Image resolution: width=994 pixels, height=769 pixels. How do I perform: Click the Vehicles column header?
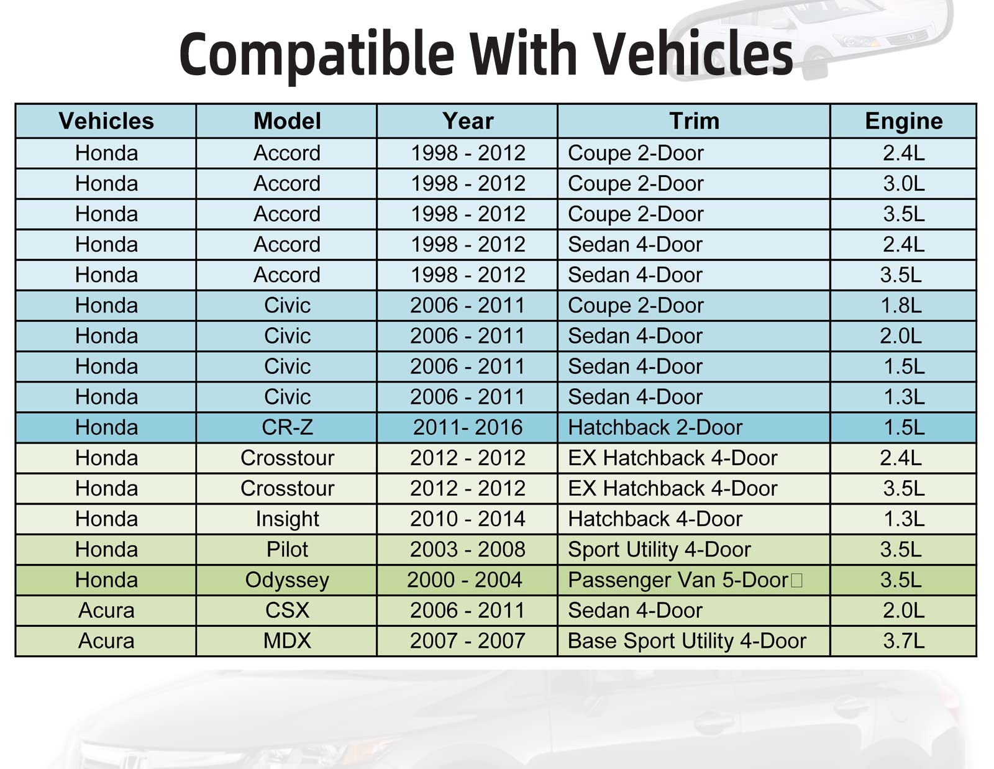tap(106, 121)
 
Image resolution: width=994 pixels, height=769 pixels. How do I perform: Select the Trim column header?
tap(695, 121)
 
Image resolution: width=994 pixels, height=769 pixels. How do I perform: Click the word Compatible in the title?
tap(317, 55)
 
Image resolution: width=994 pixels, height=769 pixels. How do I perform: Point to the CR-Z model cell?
tap(287, 427)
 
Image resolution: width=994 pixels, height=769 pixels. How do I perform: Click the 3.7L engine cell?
tap(904, 641)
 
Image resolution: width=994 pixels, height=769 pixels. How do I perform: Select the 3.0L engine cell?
tap(904, 184)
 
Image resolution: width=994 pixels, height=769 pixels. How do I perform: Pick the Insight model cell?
tap(287, 519)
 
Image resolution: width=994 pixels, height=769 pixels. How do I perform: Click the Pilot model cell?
tap(287, 550)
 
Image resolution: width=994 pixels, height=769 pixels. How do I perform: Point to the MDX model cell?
tap(287, 641)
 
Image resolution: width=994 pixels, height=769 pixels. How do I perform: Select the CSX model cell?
tap(287, 611)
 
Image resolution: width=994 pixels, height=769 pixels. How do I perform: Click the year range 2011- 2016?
tap(468, 427)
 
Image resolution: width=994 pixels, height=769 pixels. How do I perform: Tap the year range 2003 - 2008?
tap(468, 550)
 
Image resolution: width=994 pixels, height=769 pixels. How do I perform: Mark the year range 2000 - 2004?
tap(465, 580)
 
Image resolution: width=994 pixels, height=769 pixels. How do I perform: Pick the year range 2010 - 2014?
tap(468, 519)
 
